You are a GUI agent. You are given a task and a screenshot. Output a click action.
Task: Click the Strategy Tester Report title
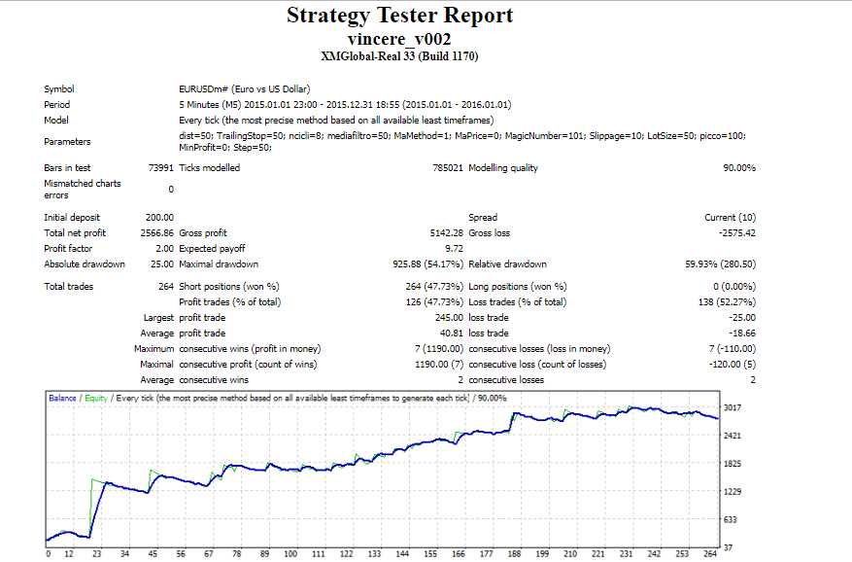click(400, 16)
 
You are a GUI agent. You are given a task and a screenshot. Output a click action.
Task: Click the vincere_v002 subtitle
click(399, 39)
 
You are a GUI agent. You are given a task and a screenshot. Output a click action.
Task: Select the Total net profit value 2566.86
click(157, 232)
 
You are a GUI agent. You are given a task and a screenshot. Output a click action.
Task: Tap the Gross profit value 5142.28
click(447, 232)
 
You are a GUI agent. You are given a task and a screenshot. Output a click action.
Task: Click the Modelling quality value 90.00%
click(739, 168)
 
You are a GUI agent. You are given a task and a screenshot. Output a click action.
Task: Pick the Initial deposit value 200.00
click(159, 218)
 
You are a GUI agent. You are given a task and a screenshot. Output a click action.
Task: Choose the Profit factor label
click(68, 249)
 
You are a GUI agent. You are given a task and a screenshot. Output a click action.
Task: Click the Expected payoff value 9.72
click(455, 249)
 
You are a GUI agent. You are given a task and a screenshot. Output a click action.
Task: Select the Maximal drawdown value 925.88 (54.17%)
click(428, 264)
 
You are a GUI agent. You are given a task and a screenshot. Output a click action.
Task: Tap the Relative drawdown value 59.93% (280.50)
click(721, 264)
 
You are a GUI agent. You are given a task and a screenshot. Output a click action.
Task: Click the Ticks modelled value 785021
click(448, 168)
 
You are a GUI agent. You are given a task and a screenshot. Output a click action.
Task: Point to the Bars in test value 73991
click(161, 168)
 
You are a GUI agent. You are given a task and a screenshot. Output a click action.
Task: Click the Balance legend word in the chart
click(62, 399)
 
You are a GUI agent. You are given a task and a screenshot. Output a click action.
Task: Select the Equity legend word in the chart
click(96, 399)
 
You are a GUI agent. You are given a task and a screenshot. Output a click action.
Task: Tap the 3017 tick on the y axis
click(733, 407)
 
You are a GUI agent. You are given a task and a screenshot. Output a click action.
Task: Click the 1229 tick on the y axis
click(733, 492)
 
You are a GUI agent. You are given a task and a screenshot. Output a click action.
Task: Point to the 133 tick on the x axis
click(374, 554)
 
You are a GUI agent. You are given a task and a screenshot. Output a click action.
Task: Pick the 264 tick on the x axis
click(710, 554)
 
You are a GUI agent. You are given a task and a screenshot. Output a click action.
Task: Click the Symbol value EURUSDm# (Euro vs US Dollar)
click(245, 89)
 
